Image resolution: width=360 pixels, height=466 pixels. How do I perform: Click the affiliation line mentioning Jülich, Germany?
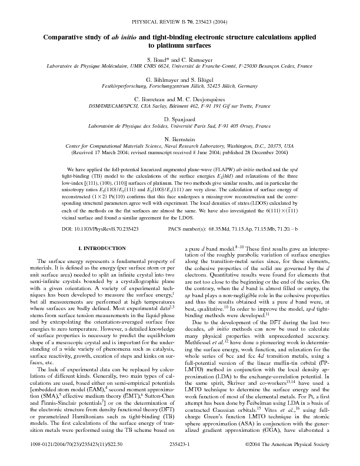(180, 85)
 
